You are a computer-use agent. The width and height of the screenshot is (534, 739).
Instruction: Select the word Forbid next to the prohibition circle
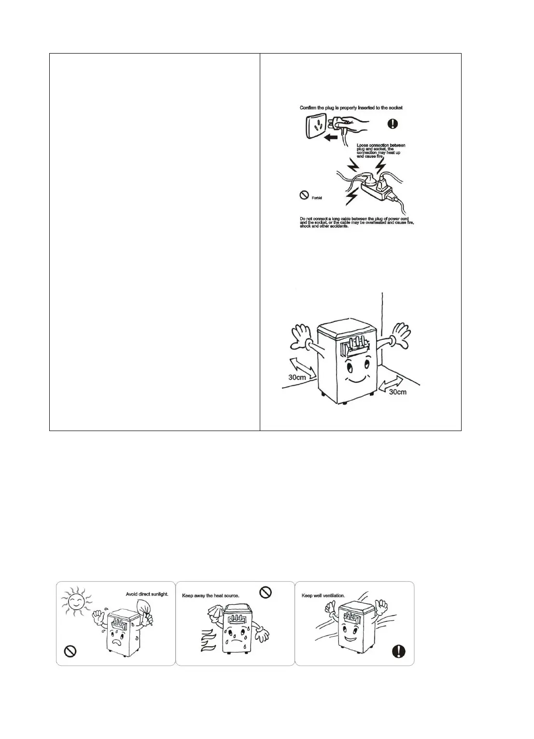coord(316,198)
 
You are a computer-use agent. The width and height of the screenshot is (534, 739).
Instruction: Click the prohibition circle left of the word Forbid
coord(304,195)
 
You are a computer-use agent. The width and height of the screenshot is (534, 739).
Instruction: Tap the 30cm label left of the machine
coord(297,376)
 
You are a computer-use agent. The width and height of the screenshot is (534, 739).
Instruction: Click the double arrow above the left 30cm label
coord(303,365)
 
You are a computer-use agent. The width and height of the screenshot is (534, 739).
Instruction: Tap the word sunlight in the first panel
coord(157,594)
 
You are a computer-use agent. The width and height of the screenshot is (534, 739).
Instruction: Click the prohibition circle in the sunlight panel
coord(71,652)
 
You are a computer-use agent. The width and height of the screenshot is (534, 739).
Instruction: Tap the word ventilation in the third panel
coord(333,595)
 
